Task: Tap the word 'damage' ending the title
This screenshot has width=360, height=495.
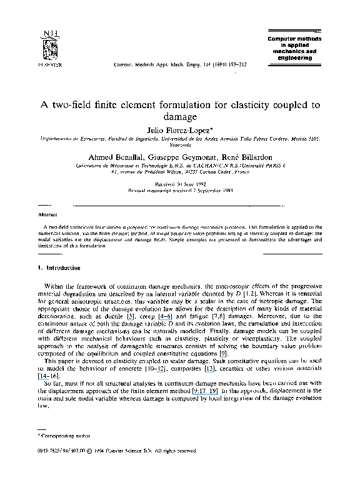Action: click(180, 116)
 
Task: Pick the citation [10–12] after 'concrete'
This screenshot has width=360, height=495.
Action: click(177, 369)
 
